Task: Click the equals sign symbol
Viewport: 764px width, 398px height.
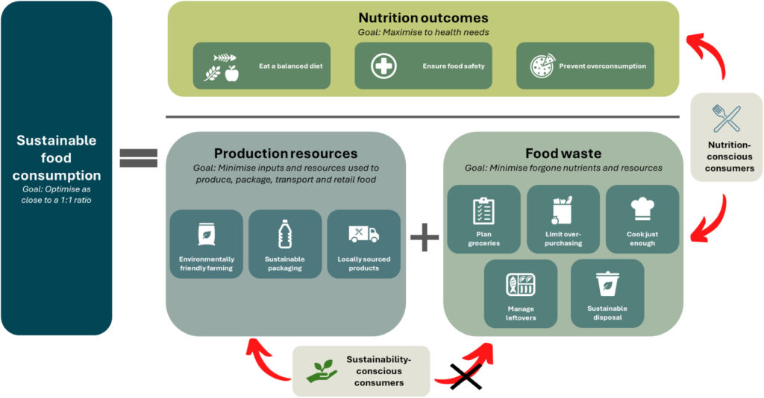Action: click(x=138, y=157)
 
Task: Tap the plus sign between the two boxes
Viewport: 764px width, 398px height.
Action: click(x=425, y=238)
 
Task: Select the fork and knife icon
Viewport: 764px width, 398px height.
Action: click(x=726, y=118)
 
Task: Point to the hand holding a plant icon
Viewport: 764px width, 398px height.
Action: click(x=322, y=370)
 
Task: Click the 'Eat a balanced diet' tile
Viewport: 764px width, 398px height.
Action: click(x=261, y=66)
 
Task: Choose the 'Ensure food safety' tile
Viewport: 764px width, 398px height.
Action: click(x=423, y=66)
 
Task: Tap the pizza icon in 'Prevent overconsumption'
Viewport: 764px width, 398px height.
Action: click(x=542, y=66)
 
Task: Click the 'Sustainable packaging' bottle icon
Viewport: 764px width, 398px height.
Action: click(x=284, y=234)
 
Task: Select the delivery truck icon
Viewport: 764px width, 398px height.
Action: click(x=363, y=234)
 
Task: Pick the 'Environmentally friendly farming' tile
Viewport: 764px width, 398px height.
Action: click(x=206, y=244)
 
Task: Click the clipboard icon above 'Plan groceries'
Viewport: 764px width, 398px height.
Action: click(x=483, y=211)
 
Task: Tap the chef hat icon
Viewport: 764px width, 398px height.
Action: click(x=642, y=210)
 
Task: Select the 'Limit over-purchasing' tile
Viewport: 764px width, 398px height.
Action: click(x=563, y=219)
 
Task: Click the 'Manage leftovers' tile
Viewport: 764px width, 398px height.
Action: click(x=520, y=293)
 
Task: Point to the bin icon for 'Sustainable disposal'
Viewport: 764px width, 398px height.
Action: click(x=607, y=283)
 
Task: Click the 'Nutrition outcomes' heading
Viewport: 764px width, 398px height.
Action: click(x=423, y=18)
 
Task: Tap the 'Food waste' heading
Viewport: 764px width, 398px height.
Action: click(x=563, y=154)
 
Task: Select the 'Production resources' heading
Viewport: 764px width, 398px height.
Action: click(x=285, y=154)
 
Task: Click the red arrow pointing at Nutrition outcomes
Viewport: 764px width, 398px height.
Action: click(x=713, y=56)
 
